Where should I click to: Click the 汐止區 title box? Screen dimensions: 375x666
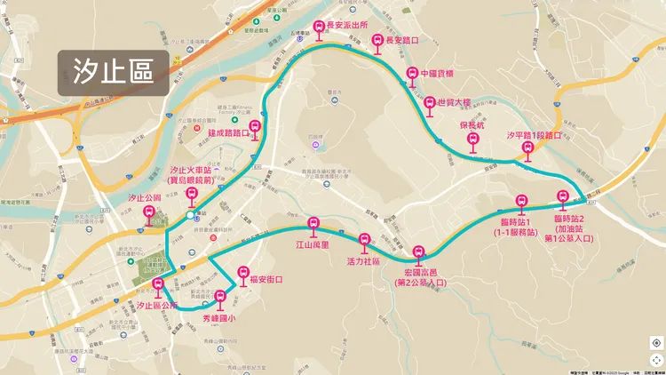[115, 72]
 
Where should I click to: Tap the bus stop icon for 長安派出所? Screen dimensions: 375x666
[320, 29]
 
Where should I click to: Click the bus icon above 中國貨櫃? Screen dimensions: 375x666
[411, 74]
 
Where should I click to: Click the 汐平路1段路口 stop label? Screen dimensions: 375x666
[535, 136]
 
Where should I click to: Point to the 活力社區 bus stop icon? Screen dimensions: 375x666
[364, 239]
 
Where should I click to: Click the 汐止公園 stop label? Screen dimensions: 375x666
[145, 197]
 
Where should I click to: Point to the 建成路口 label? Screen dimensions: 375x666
[229, 133]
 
